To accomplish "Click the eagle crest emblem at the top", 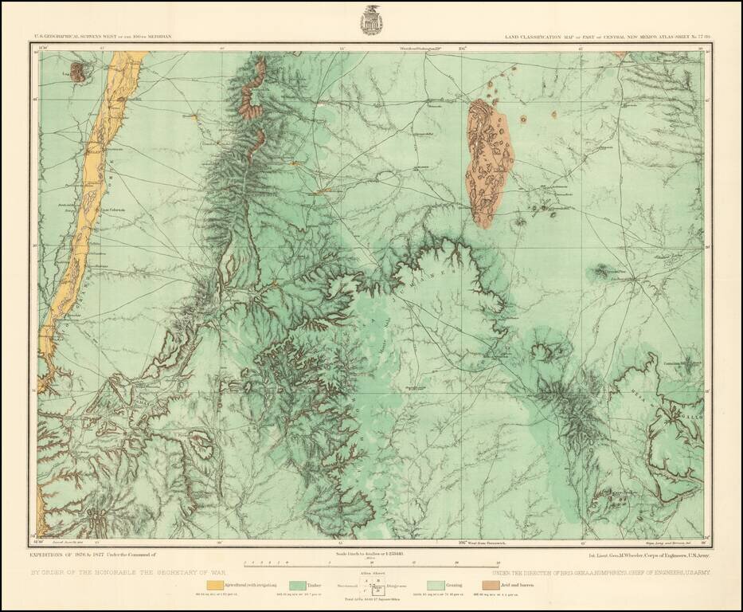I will pos(371,20).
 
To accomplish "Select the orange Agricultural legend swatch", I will pos(214,585).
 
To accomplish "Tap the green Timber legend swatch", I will pos(299,585).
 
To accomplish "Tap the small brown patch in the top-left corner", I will pos(77,73).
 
